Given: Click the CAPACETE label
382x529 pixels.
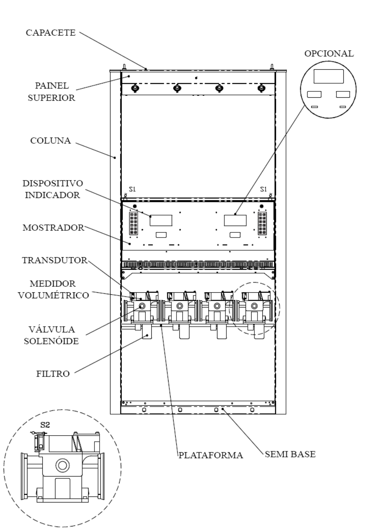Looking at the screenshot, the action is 51,33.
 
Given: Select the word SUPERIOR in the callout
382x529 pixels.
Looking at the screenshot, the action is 52,98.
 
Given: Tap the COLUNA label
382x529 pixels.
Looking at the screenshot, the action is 51,141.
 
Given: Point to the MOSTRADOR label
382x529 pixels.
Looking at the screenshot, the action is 53,228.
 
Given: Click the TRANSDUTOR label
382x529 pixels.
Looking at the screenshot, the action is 55,260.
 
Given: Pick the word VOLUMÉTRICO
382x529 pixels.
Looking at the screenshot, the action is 54,295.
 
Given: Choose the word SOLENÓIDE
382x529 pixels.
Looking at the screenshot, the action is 52,341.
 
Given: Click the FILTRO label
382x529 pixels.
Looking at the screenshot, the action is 53,374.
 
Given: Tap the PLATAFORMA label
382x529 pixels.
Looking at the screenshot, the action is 211,455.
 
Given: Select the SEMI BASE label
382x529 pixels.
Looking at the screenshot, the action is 290,454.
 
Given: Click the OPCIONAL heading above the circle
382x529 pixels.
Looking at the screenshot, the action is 329,54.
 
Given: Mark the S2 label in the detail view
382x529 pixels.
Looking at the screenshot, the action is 45,425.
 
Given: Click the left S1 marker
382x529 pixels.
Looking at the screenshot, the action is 133,189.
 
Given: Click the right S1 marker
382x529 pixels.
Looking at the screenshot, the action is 263,189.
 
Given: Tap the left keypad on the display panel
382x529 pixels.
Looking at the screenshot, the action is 134,224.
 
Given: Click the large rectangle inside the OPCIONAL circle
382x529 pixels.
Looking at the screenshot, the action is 328,76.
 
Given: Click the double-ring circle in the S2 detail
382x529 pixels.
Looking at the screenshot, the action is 62,466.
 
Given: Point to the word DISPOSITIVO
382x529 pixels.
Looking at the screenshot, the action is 53,184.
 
